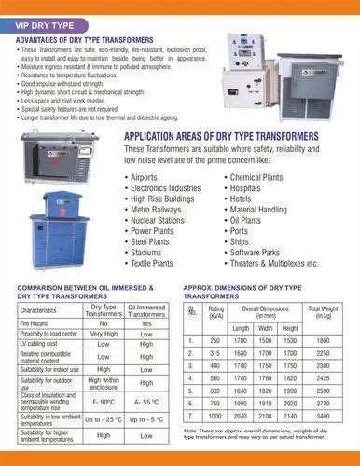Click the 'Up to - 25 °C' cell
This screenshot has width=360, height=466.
[103, 420]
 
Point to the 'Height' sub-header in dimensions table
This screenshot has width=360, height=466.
[288, 327]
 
